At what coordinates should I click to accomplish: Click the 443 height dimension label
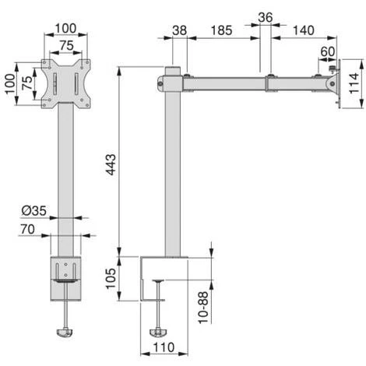point(111,164)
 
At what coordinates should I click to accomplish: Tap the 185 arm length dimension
point(221,30)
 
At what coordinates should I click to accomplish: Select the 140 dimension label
point(304,30)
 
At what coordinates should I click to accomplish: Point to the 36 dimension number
point(266,18)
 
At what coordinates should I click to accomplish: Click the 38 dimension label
point(180,30)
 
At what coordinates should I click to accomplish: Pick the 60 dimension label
point(328,51)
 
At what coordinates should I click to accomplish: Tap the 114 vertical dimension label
point(354,83)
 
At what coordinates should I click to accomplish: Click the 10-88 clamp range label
point(203,308)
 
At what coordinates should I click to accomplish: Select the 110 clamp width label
point(164,347)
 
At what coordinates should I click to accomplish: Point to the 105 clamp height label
point(111,279)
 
